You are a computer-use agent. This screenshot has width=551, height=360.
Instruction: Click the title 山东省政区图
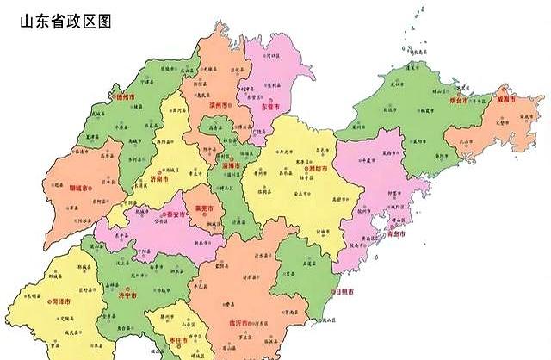(65, 20)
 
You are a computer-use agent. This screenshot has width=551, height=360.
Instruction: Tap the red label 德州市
(127, 97)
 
